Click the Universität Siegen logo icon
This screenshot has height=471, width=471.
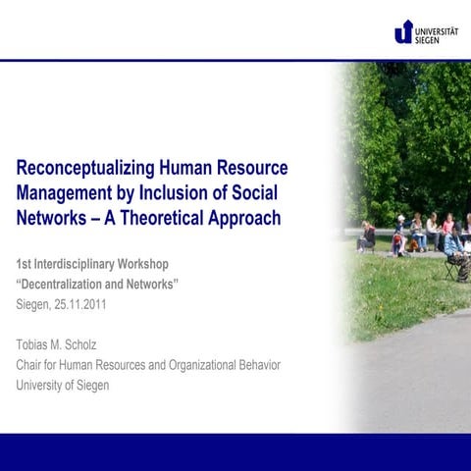click(x=403, y=31)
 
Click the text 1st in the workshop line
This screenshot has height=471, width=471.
click(x=24, y=265)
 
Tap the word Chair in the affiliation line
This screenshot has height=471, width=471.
click(x=32, y=365)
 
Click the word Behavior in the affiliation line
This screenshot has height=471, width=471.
click(x=257, y=365)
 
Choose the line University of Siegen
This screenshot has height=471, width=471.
click(x=63, y=385)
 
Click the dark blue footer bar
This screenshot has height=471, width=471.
click(x=235, y=451)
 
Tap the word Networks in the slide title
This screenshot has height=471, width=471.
click(x=51, y=218)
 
